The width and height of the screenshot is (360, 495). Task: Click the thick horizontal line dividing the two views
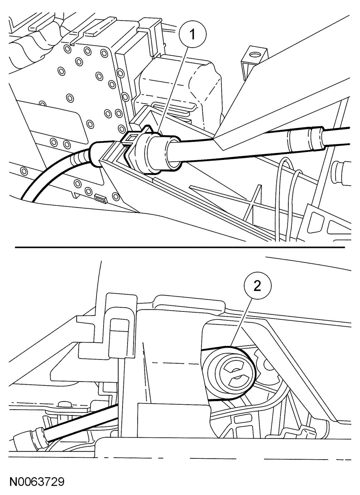179,247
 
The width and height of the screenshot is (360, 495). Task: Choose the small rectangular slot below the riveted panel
100,197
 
